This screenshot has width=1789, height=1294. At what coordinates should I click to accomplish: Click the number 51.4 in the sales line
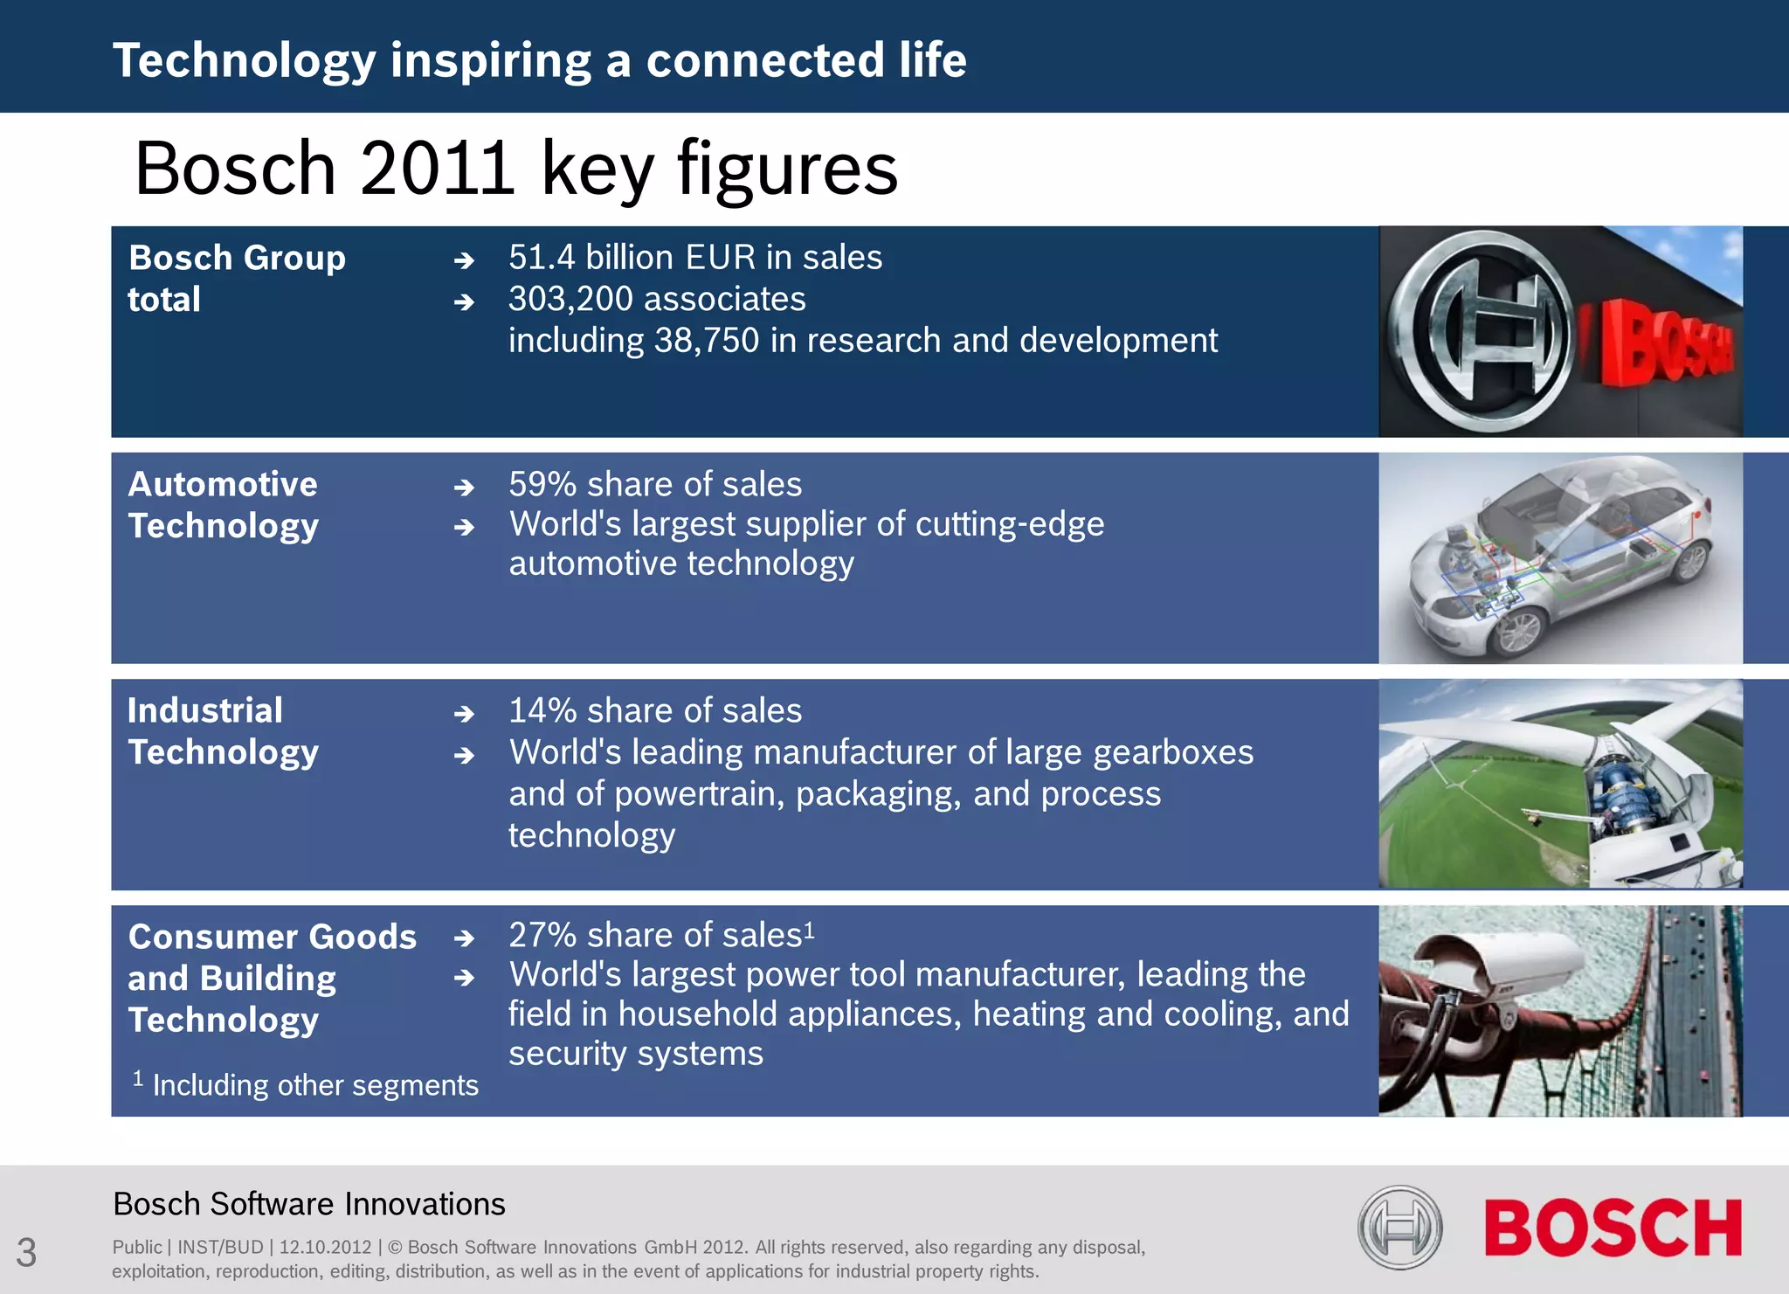coord(542,258)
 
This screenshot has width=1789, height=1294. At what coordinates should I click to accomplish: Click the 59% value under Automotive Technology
coord(542,484)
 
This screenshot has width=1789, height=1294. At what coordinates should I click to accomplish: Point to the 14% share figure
coord(542,710)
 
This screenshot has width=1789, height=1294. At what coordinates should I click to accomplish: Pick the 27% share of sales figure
coord(542,935)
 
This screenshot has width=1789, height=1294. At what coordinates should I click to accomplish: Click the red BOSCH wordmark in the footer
coord(1613,1228)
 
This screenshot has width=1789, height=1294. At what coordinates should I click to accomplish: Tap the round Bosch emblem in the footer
coord(1399,1227)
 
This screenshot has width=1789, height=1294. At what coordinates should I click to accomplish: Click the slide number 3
coord(26,1252)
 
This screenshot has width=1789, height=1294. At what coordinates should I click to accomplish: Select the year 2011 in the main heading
coord(436,168)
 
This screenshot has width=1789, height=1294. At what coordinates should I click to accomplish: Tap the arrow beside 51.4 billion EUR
coord(464,260)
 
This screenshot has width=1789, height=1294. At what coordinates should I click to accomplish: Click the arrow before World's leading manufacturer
coord(464,755)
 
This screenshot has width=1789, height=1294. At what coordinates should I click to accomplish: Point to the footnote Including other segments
coord(314,1085)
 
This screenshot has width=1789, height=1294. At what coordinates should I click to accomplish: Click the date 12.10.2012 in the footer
coord(325,1247)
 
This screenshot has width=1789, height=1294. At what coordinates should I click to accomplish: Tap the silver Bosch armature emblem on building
coord(1480,331)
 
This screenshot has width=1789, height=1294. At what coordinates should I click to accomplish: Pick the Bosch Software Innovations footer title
coord(309,1204)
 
